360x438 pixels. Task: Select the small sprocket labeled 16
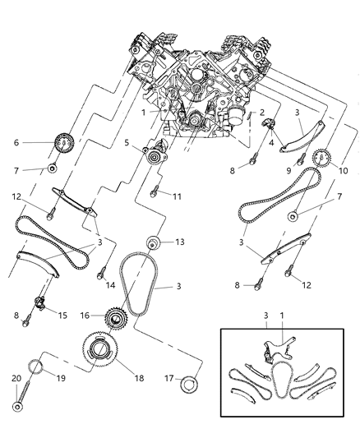click(114, 315)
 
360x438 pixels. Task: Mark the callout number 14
click(110, 284)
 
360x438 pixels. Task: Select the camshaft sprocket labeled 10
click(322, 156)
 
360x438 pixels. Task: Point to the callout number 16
click(85, 315)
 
